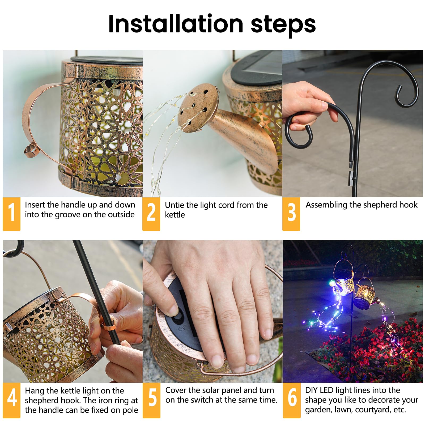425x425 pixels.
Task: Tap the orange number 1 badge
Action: point(11,214)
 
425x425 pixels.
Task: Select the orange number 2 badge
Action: point(151,214)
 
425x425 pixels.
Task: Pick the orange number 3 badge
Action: point(291,214)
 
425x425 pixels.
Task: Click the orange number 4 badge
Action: point(11,400)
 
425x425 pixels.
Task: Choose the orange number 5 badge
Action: point(151,400)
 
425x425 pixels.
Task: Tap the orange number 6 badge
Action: point(292,400)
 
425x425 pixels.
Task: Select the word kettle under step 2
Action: point(175,215)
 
